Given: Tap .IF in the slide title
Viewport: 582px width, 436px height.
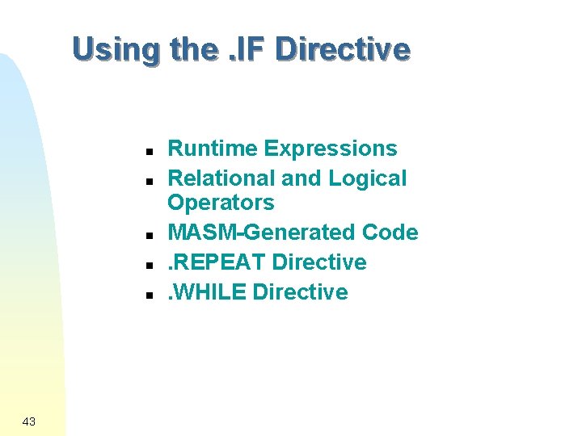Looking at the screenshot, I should [x=247, y=49].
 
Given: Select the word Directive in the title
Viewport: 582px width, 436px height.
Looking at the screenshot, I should [x=343, y=49].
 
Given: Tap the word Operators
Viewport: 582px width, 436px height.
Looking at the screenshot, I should [x=221, y=202].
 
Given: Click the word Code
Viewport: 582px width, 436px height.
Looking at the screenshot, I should [x=390, y=233].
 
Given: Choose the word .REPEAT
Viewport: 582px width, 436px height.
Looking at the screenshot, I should [x=217, y=262].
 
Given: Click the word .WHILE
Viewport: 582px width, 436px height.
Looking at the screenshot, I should [x=207, y=292].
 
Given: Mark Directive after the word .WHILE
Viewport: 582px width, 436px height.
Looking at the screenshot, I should [x=301, y=292].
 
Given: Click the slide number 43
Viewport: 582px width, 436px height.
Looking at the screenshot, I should [x=29, y=421].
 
